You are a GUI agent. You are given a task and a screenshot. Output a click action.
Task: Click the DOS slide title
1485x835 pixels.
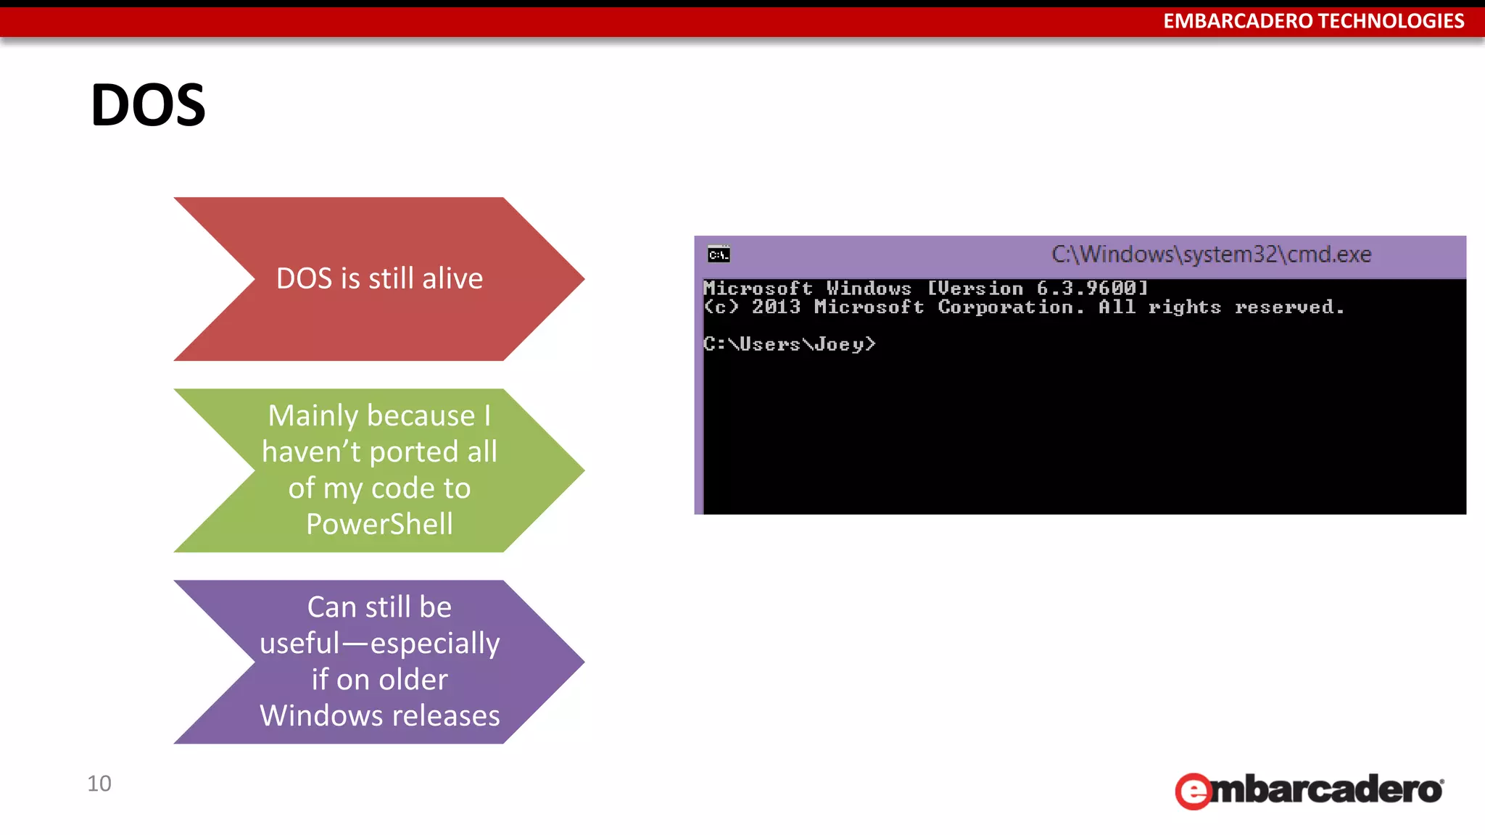(149, 105)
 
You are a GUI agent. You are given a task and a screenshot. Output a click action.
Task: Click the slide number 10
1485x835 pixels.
(99, 784)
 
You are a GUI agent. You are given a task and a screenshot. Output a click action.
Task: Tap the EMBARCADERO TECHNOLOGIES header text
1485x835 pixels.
(1313, 21)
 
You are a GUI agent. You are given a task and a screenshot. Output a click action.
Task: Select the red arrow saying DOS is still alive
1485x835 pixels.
(379, 279)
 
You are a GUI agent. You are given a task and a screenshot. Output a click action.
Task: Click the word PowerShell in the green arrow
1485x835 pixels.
(379, 524)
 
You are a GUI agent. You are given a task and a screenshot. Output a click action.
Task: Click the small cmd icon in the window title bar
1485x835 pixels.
(719, 254)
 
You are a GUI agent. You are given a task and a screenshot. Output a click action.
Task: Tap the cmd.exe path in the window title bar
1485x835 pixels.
(1211, 254)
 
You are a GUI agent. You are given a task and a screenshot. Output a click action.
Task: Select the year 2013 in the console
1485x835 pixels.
(776, 307)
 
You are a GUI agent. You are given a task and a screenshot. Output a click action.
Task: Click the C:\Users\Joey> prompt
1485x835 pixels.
(790, 344)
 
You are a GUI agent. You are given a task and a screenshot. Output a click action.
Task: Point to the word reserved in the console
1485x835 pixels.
(1289, 307)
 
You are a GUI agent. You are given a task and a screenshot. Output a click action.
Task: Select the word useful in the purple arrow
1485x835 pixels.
(299, 644)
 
